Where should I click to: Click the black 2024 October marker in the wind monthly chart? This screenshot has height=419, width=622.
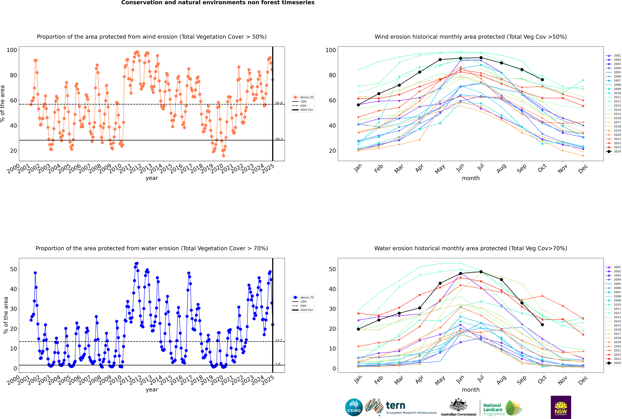tap(542, 80)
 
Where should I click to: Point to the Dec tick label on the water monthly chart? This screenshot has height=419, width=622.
tap(583, 380)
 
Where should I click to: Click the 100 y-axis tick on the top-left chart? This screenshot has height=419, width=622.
tap(12, 50)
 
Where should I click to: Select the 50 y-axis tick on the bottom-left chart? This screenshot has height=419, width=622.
tap(13, 269)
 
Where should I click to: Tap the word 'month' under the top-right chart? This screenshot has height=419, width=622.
tap(471, 178)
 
